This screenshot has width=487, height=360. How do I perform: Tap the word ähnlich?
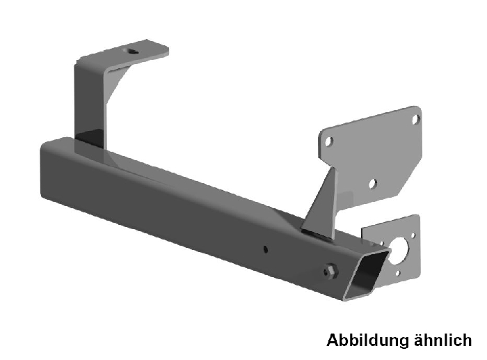(x=438, y=341)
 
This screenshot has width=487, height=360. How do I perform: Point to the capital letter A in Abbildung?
(x=332, y=341)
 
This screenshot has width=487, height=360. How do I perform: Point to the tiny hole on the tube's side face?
(x=266, y=247)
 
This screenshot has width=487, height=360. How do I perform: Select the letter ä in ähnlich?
(x=410, y=341)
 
